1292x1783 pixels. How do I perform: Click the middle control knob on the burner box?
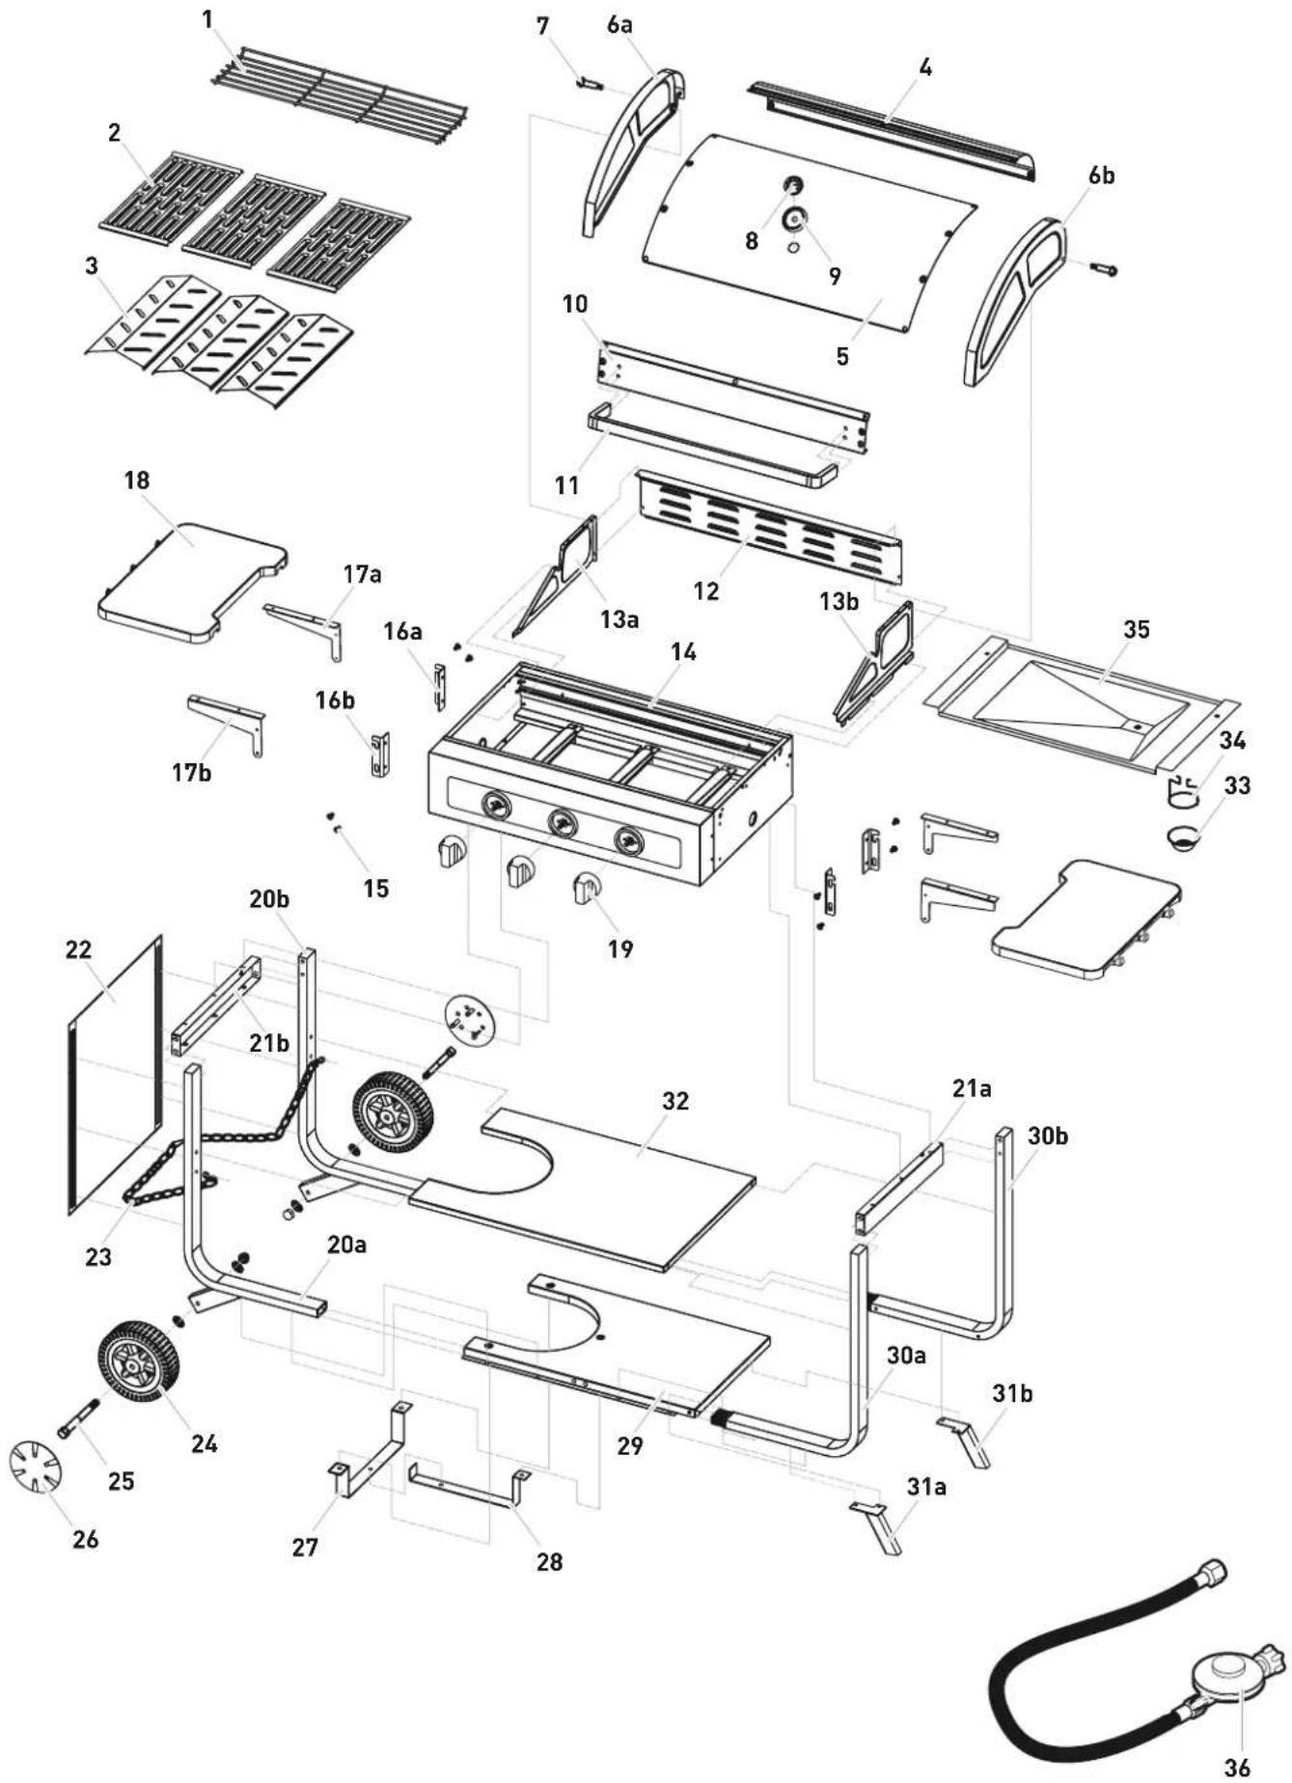coord(563,822)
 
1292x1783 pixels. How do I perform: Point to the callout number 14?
coord(683,651)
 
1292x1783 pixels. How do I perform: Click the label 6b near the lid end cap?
coord(1101,176)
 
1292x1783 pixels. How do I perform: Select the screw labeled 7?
coord(589,86)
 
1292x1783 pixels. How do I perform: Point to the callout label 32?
coord(675,1101)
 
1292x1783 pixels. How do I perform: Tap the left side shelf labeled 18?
coord(193,584)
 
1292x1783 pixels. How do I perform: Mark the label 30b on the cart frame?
coord(1047,1136)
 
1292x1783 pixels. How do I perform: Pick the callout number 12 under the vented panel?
coord(706,590)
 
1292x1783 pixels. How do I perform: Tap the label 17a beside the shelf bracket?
coord(361,574)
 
